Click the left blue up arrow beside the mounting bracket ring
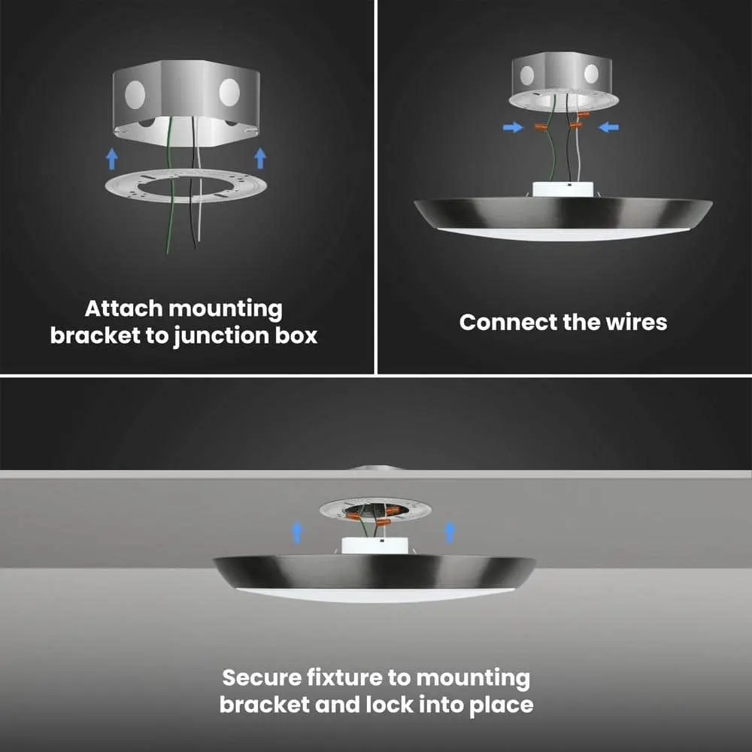(112, 158)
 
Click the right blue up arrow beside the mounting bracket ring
(260, 158)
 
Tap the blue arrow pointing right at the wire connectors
(513, 127)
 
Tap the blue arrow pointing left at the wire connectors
(608, 127)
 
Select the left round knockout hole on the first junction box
(135, 93)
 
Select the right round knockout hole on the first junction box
(229, 92)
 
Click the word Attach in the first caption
(123, 308)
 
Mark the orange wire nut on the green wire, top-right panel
(541, 126)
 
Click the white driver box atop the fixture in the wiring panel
(563, 189)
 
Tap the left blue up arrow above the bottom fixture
(297, 533)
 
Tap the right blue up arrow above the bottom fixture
(450, 532)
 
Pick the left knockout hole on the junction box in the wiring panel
(527, 75)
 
